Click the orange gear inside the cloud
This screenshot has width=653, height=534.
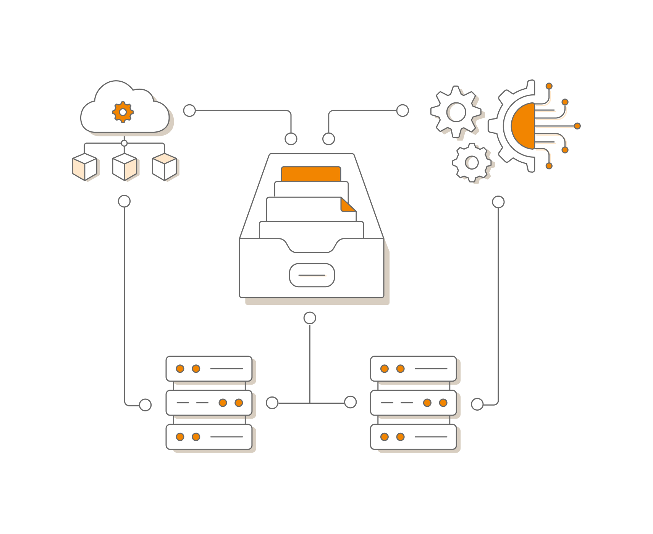(x=123, y=112)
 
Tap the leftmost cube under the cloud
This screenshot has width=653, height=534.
(x=85, y=167)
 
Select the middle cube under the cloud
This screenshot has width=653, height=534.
(x=124, y=167)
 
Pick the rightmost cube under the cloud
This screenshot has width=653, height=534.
(x=165, y=167)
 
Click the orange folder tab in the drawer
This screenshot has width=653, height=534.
(x=311, y=174)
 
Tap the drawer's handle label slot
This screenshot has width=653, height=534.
(x=312, y=275)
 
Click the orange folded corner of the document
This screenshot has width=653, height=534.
(x=348, y=205)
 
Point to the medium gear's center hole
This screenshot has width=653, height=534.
(x=457, y=112)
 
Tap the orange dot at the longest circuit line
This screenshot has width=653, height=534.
(x=577, y=126)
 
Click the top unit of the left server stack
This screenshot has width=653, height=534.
(x=209, y=369)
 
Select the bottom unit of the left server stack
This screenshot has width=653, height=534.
(x=209, y=437)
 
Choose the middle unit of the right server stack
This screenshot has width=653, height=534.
(x=413, y=403)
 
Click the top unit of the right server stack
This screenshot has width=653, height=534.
(x=413, y=369)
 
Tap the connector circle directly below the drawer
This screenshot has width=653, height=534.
(x=310, y=318)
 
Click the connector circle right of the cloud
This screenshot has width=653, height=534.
(x=189, y=111)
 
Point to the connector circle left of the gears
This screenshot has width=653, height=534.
(x=402, y=111)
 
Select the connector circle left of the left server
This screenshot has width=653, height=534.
(x=145, y=405)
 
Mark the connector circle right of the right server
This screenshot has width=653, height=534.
(x=477, y=404)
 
